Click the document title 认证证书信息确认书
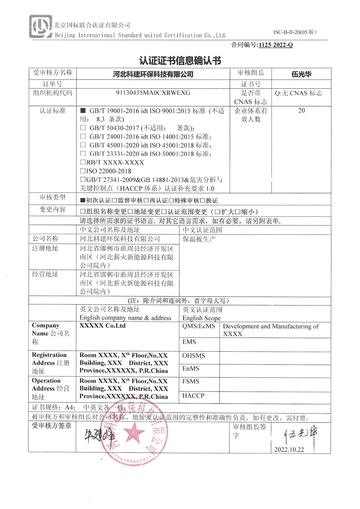click(180, 60)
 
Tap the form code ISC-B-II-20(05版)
click(295, 32)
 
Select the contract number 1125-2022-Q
click(275, 45)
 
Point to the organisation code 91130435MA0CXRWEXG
click(153, 93)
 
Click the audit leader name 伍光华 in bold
click(301, 74)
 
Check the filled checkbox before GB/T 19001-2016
click(83, 110)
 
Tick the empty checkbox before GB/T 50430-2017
click(83, 128)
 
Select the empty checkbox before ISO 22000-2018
click(83, 171)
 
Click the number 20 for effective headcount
click(301, 110)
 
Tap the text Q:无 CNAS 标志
click(298, 93)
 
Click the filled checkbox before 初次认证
click(83, 200)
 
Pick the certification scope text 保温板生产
click(199, 239)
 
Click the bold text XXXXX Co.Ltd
click(102, 326)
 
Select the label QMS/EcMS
click(199, 326)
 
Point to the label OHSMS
click(194, 356)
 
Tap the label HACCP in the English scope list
click(193, 396)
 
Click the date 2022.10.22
click(289, 450)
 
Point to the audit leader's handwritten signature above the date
click(300, 435)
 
